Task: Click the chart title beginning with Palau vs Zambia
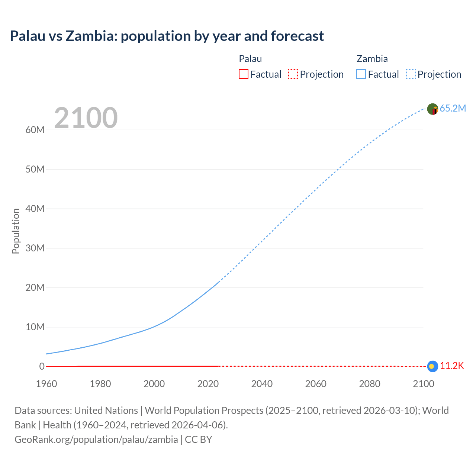tap(167, 36)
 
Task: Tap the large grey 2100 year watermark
tap(86, 118)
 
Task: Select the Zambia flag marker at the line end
tap(432, 109)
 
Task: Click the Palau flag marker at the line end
tap(432, 366)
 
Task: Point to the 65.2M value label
tap(453, 108)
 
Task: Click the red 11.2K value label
tap(452, 366)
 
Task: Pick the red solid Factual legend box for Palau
tap(244, 74)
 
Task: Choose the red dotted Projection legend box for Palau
tap(293, 74)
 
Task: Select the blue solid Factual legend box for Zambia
tap(361, 74)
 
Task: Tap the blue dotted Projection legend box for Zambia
tap(411, 74)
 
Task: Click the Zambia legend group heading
tap(372, 59)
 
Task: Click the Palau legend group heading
tap(250, 59)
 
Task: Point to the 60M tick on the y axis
tap(35, 130)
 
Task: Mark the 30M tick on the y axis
tap(35, 248)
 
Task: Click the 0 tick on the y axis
tap(42, 366)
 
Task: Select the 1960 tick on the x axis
tap(46, 384)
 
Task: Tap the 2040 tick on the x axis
tap(262, 384)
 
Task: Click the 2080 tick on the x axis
tap(370, 384)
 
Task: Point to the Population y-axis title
tap(16, 231)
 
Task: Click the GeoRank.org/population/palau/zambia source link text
tap(96, 440)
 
